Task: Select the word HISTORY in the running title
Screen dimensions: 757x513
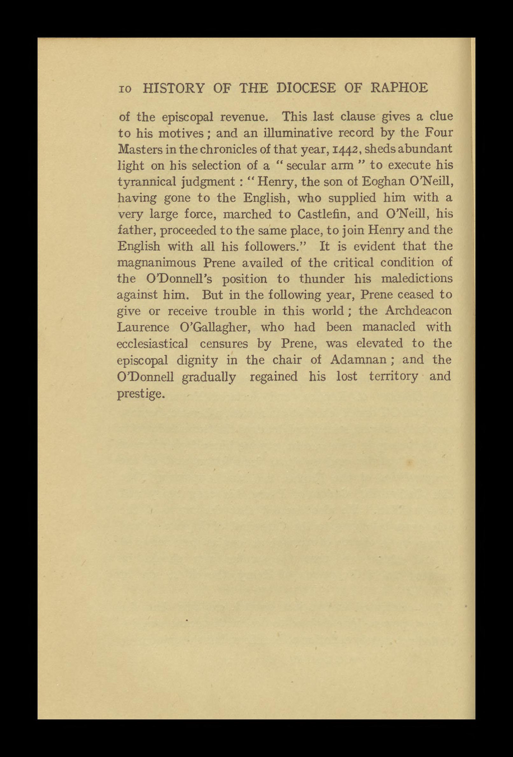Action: (174, 88)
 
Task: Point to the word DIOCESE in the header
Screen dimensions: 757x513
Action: (306, 88)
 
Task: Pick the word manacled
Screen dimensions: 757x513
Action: (389, 327)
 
